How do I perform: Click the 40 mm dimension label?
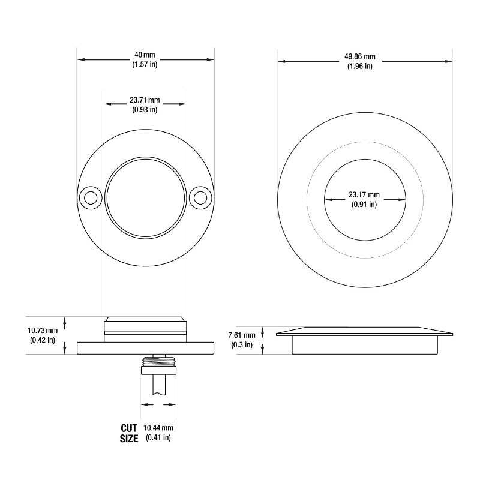(145, 55)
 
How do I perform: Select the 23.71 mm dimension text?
(145, 100)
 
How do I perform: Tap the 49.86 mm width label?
(360, 56)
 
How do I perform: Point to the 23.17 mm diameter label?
(364, 194)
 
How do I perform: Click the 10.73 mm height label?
(43, 331)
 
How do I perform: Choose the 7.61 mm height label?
(242, 335)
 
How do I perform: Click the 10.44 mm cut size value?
(158, 428)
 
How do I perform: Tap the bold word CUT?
(129, 428)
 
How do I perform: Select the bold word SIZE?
(129, 439)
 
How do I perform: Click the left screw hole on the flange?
(91, 198)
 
